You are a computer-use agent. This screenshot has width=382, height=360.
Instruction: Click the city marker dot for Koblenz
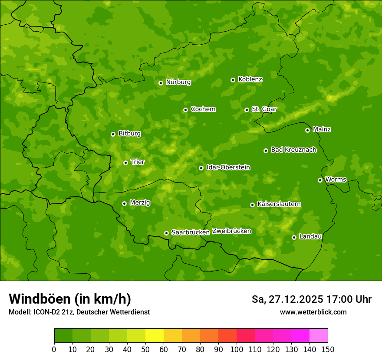pos(233,80)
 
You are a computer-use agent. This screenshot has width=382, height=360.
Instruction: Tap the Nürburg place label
pos(178,82)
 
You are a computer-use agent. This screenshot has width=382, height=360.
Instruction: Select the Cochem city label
pos(203,109)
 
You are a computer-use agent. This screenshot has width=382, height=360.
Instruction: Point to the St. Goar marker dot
pos(247,110)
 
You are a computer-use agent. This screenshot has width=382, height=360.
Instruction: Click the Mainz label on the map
pos(322,129)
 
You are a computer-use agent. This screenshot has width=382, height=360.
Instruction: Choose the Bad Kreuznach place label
pos(293,150)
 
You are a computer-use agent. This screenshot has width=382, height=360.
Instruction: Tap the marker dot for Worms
pos(320,180)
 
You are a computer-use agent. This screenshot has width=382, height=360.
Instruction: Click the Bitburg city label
pos(129,134)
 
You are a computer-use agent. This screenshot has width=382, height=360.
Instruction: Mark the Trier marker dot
pos(125,163)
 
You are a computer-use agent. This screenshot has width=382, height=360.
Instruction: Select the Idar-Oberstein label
pos(228,167)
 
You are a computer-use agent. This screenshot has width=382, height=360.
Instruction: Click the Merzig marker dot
pos(124,203)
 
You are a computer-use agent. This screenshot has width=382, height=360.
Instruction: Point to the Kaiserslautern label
pos(279,204)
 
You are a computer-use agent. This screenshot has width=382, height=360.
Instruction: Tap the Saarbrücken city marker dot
pos(166,233)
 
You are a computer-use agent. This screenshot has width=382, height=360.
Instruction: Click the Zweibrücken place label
pos(231,231)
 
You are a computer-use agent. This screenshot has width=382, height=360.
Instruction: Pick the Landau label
pos(310,236)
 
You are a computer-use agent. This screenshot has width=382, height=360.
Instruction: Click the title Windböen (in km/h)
pos(70,299)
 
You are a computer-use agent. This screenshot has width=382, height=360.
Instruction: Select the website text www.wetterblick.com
pos(313,312)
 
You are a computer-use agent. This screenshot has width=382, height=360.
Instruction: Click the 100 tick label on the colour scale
pos(237,350)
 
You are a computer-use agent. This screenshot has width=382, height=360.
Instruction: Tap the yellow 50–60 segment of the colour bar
pos(155,336)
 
